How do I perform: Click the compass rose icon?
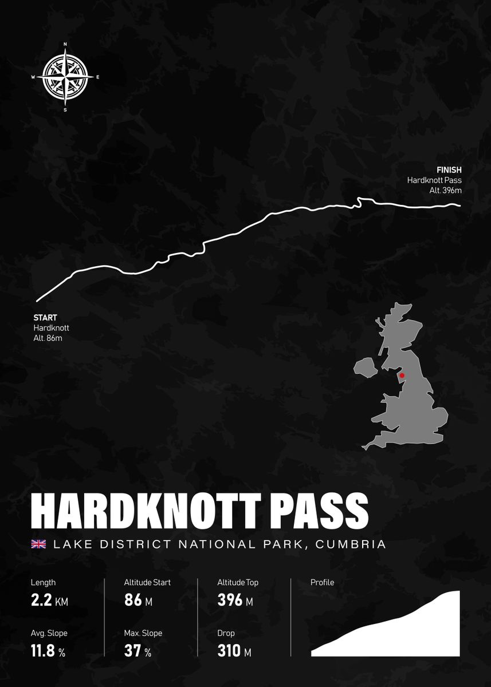point(65,77)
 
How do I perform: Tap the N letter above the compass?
point(65,44)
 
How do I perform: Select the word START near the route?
point(45,317)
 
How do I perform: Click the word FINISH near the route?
point(449,170)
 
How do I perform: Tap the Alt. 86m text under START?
point(48,338)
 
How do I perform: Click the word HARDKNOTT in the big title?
point(131,510)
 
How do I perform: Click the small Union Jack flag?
point(38,544)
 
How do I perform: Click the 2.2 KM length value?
point(49,601)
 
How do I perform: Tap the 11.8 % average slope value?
point(48,652)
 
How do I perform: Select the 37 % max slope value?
point(138,652)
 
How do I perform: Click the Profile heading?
point(322,582)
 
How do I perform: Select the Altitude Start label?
point(147,582)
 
